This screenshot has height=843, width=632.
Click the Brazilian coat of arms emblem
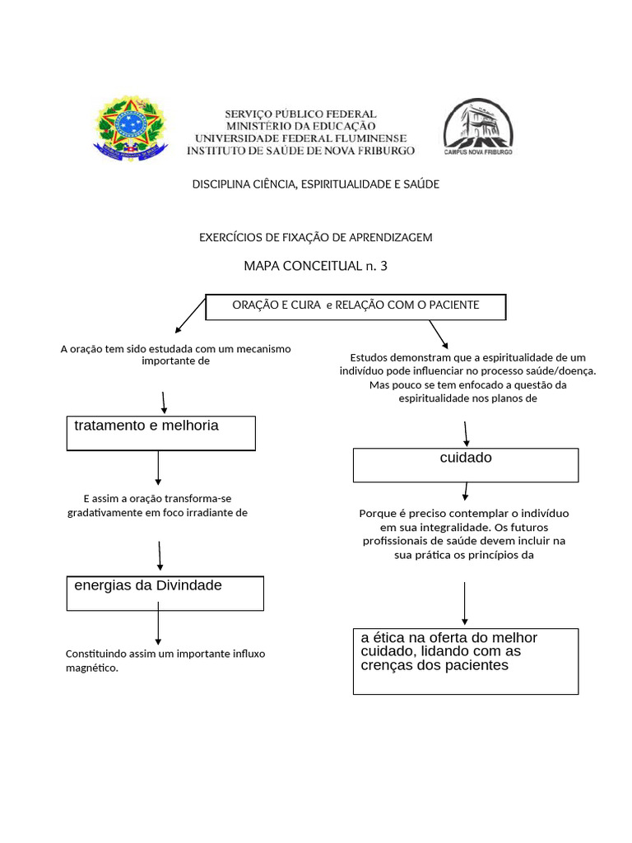[131, 128]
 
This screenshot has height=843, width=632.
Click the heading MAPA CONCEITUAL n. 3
[315, 265]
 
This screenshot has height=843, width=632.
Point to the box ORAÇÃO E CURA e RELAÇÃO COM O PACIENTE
[355, 306]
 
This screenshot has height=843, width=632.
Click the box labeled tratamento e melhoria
[160, 433]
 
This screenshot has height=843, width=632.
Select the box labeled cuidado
[465, 465]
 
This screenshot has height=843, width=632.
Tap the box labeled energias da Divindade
[165, 593]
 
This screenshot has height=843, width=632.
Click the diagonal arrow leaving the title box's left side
[190, 313]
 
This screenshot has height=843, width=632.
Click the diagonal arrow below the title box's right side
[438, 333]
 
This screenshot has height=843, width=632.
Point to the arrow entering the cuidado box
[466, 433]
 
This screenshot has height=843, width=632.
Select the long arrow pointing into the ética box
[465, 603]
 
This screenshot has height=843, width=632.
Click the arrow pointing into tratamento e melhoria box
[165, 403]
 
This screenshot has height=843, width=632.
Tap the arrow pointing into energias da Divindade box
[159, 556]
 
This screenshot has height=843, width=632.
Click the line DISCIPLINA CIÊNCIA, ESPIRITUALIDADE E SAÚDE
[315, 184]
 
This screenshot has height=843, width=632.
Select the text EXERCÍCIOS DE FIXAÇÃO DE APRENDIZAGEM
[315, 237]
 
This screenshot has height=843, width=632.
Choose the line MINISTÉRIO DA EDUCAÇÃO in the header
[300, 126]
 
